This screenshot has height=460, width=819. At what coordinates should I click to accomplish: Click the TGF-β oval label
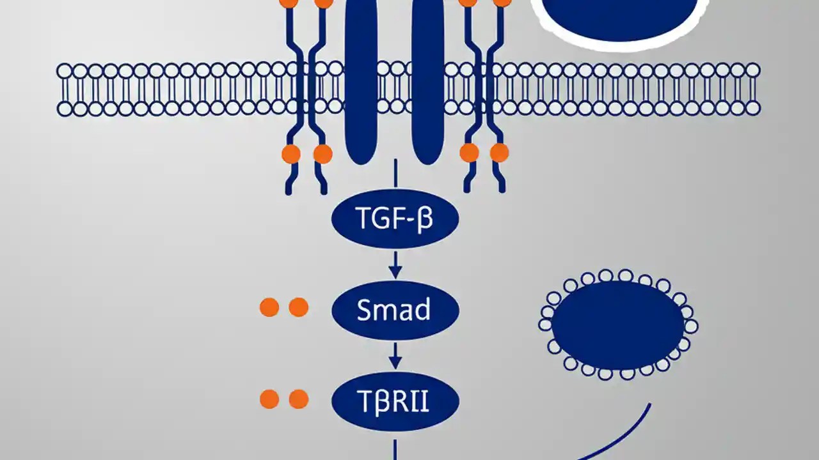pyautogui.click(x=395, y=219)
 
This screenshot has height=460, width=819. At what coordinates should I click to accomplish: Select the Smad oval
pyautogui.click(x=395, y=310)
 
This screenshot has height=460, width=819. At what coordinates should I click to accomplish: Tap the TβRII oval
pyautogui.click(x=395, y=401)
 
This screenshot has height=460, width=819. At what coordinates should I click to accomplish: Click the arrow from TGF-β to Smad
pyautogui.click(x=395, y=264)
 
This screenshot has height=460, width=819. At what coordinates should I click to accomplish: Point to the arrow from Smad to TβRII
pyautogui.click(x=395, y=356)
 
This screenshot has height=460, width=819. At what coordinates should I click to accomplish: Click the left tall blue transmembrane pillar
pyautogui.click(x=361, y=83)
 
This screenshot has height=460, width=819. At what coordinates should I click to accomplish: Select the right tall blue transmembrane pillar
pyautogui.click(x=428, y=83)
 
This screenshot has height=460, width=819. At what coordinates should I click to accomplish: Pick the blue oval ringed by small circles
pyautogui.click(x=618, y=325)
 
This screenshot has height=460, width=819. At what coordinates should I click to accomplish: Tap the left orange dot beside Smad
pyautogui.click(x=269, y=307)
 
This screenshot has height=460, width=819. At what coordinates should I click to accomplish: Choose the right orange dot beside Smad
pyautogui.click(x=299, y=307)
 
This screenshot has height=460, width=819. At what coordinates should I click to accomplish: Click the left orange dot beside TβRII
pyautogui.click(x=269, y=399)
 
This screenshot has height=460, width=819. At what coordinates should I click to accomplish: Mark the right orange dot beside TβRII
pyautogui.click(x=299, y=399)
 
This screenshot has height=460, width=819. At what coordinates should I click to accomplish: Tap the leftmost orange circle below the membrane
pyautogui.click(x=290, y=153)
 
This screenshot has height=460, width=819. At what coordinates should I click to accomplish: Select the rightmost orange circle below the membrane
pyautogui.click(x=499, y=153)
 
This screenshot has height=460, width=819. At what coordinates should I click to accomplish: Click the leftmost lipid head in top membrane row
pyautogui.click(x=65, y=70)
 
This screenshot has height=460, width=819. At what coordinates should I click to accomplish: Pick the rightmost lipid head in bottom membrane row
pyautogui.click(x=753, y=108)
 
